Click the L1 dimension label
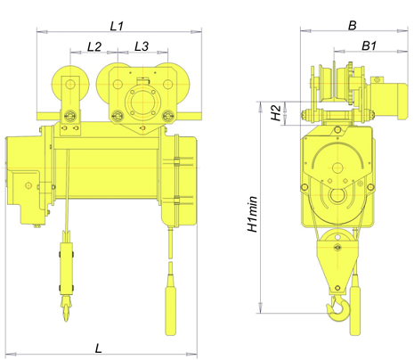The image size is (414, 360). coord(117,26)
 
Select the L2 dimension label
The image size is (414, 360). coord(94,46)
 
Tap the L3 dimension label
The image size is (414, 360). coord(142,46)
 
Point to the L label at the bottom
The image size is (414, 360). coord(98,348)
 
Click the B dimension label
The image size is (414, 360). coord(352,26)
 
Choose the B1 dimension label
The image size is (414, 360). coord(369,45)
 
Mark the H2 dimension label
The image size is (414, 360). coord(276,113)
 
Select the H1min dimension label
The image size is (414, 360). coord(252,214)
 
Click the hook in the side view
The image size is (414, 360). coord(338,309)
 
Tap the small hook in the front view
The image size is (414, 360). coord(66,309)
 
